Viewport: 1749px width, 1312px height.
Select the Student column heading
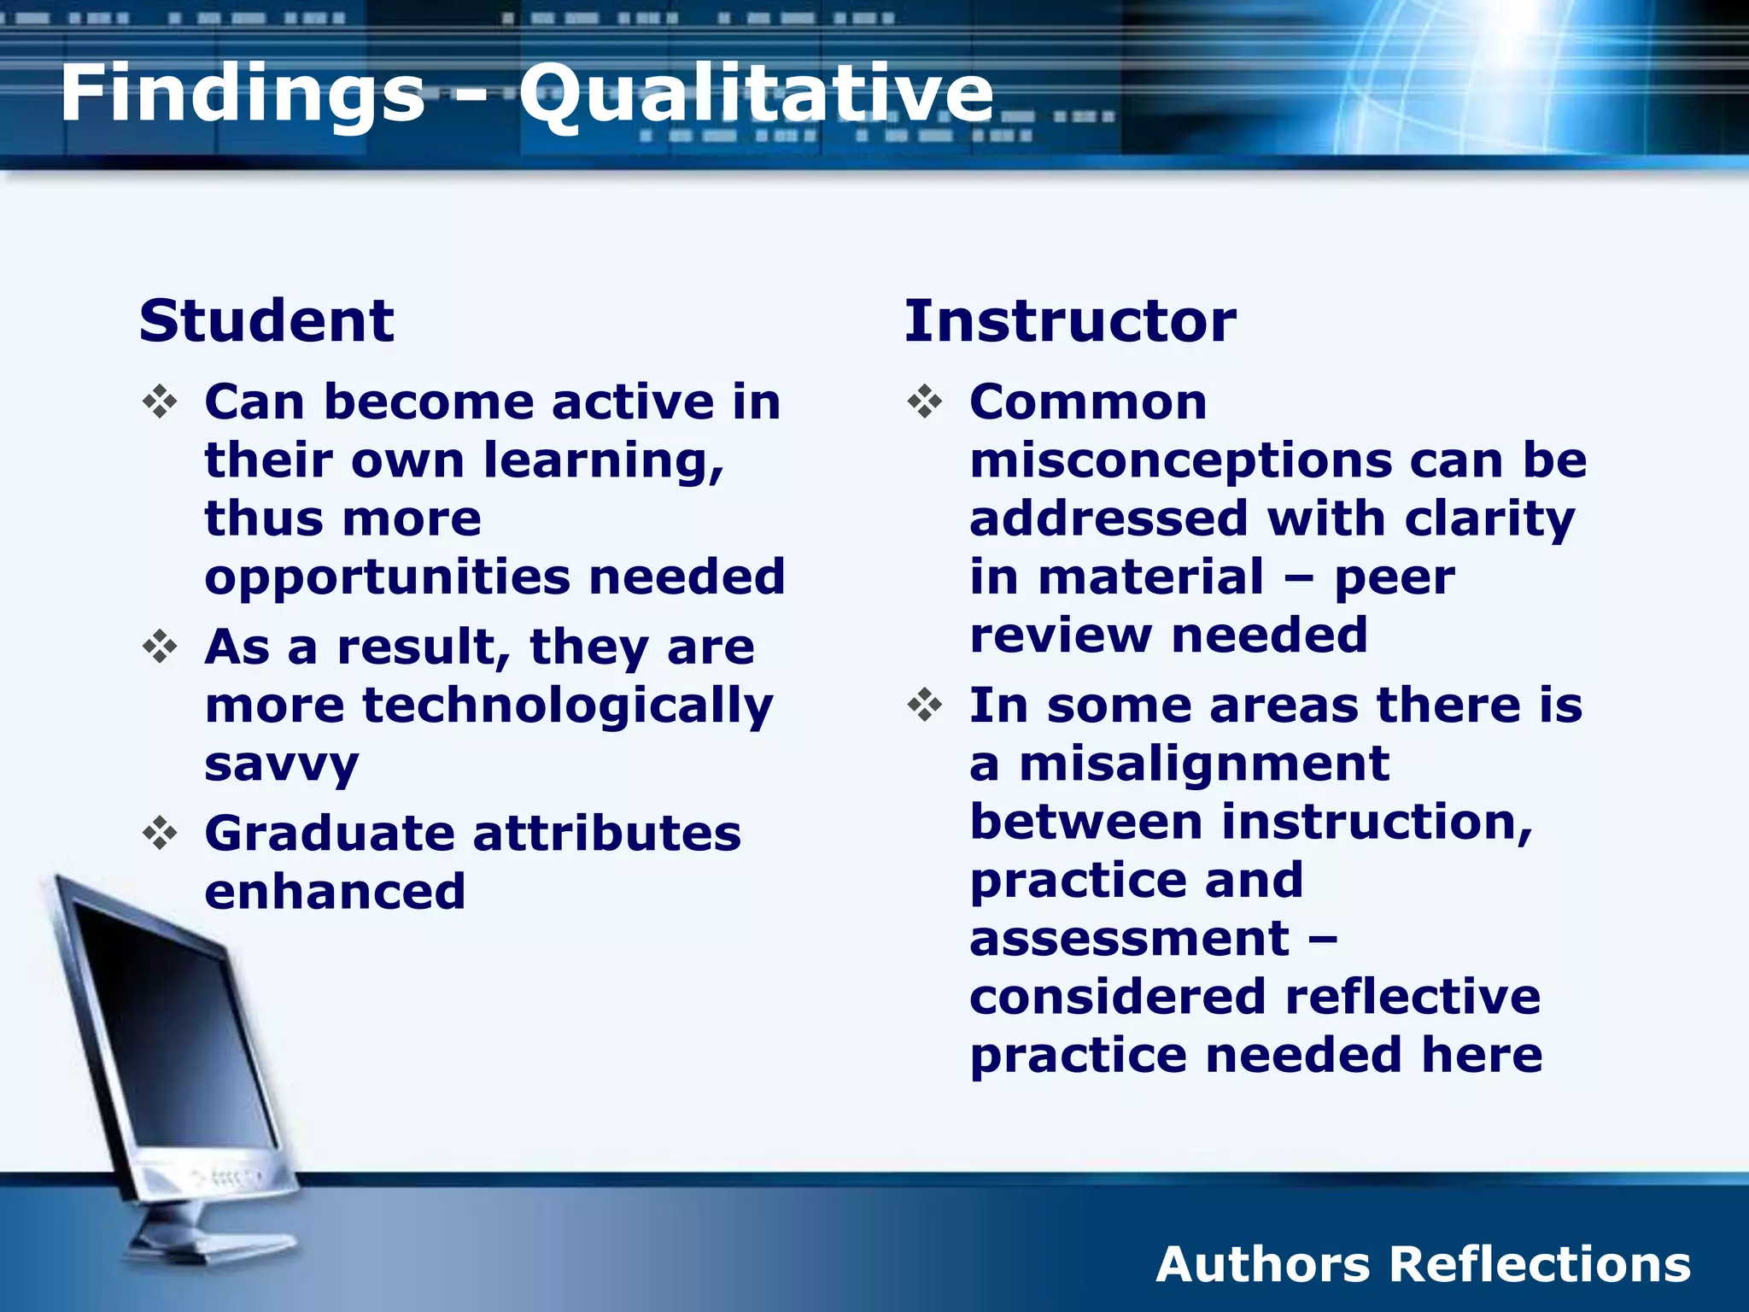point(266,321)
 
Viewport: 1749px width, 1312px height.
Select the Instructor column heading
point(1070,321)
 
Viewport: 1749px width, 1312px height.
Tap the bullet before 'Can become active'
point(160,401)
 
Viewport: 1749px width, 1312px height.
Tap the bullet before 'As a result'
point(160,647)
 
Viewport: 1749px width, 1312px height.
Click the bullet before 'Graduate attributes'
point(160,833)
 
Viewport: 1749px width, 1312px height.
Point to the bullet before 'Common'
point(925,401)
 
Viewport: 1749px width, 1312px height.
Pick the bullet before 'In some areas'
point(925,706)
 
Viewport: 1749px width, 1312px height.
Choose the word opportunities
point(387,577)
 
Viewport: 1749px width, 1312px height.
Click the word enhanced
point(335,892)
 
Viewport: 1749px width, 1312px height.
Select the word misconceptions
point(1180,461)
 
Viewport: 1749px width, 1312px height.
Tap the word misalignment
point(1204,763)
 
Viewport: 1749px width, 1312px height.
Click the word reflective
point(1413,997)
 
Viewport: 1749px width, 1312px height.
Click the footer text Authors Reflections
point(1423,1264)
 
